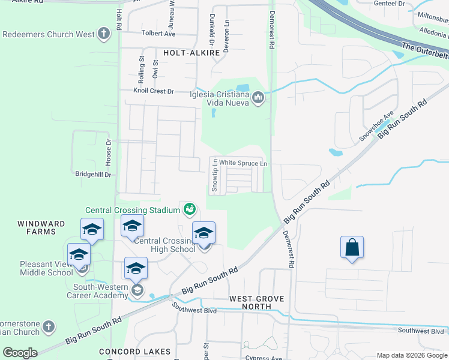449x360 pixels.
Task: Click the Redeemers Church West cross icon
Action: tap(104, 34)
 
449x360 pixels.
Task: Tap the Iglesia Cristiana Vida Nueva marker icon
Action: tap(258, 97)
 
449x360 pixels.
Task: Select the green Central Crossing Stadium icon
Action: tap(190, 209)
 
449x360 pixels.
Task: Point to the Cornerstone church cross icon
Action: tap(49, 327)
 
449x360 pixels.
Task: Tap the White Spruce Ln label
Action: tap(243, 163)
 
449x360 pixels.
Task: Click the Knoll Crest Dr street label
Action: tap(153, 91)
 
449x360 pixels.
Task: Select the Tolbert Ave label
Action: tap(158, 34)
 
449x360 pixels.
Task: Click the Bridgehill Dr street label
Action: tap(94, 174)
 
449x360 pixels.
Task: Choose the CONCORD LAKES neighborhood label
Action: tap(135, 351)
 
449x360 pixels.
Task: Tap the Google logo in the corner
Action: tap(20, 353)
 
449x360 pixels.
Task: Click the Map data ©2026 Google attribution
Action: tap(411, 355)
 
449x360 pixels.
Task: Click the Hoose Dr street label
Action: tap(109, 153)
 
